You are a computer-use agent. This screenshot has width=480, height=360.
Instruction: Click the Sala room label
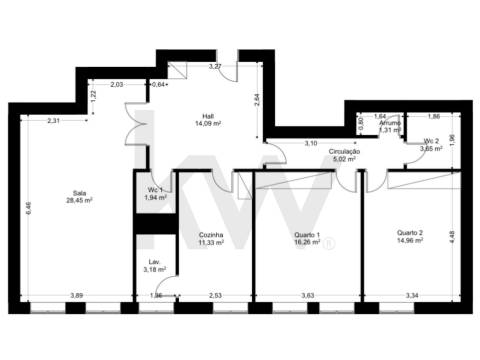click(x=78, y=193)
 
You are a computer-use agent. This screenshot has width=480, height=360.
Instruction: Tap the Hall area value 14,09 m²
click(x=207, y=126)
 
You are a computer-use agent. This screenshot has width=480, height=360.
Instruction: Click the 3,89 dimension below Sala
click(x=76, y=296)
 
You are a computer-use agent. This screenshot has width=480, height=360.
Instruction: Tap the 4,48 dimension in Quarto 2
click(x=451, y=236)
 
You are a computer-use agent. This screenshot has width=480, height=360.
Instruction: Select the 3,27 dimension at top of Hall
click(x=214, y=66)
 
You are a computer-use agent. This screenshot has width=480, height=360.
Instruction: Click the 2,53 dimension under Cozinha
click(x=215, y=296)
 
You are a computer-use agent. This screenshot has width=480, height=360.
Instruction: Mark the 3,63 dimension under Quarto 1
click(x=309, y=296)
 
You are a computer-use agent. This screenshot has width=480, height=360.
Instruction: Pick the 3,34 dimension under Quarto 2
click(x=411, y=296)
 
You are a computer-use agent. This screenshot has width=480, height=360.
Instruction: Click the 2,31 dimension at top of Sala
click(x=54, y=121)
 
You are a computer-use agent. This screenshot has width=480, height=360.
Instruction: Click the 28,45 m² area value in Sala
click(x=78, y=201)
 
